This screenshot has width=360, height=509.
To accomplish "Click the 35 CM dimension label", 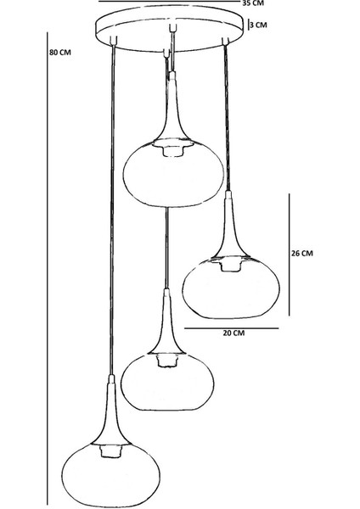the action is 253,3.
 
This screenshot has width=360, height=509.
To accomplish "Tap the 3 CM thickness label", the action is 259,25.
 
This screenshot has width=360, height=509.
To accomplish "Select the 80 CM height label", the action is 60,53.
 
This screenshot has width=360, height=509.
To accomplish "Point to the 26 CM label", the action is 302,253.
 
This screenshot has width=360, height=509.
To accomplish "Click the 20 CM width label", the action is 233,333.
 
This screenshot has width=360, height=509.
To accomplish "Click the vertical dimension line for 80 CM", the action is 48,268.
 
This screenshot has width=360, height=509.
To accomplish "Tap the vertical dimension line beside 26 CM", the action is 290,255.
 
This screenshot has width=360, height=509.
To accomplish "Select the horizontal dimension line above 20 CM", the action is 232,328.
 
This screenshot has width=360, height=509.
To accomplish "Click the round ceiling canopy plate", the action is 170,28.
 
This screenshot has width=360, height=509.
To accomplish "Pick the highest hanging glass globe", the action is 173,174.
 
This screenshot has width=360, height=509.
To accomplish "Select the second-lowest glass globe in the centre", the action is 167,382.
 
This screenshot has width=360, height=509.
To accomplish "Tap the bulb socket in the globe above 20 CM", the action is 231,264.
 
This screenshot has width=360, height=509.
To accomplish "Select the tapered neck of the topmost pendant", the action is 172,107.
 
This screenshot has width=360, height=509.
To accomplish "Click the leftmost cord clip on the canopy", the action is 114,41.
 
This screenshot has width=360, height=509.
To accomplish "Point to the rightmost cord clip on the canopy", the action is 226,41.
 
